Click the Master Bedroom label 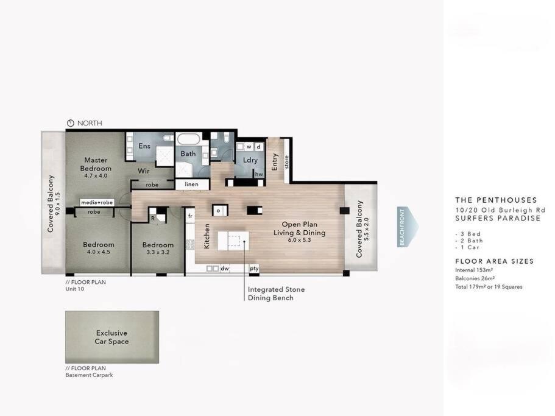[x=96, y=164]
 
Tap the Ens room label [x=144, y=146]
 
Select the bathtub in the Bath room [x=189, y=139]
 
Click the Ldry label [x=250, y=160]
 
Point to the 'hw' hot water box [x=259, y=174]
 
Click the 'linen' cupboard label [x=191, y=185]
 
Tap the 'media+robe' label [x=97, y=203]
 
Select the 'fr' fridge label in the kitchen [x=191, y=216]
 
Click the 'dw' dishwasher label [x=225, y=269]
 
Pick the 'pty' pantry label [x=254, y=269]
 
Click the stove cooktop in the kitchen [x=191, y=244]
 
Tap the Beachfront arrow [x=408, y=227]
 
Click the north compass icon [x=71, y=123]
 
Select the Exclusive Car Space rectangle [x=112, y=337]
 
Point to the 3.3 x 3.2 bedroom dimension [x=158, y=253]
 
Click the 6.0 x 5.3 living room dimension [x=300, y=240]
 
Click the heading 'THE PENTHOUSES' [x=496, y=200]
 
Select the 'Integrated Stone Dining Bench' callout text [x=276, y=294]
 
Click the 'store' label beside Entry [x=287, y=162]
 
